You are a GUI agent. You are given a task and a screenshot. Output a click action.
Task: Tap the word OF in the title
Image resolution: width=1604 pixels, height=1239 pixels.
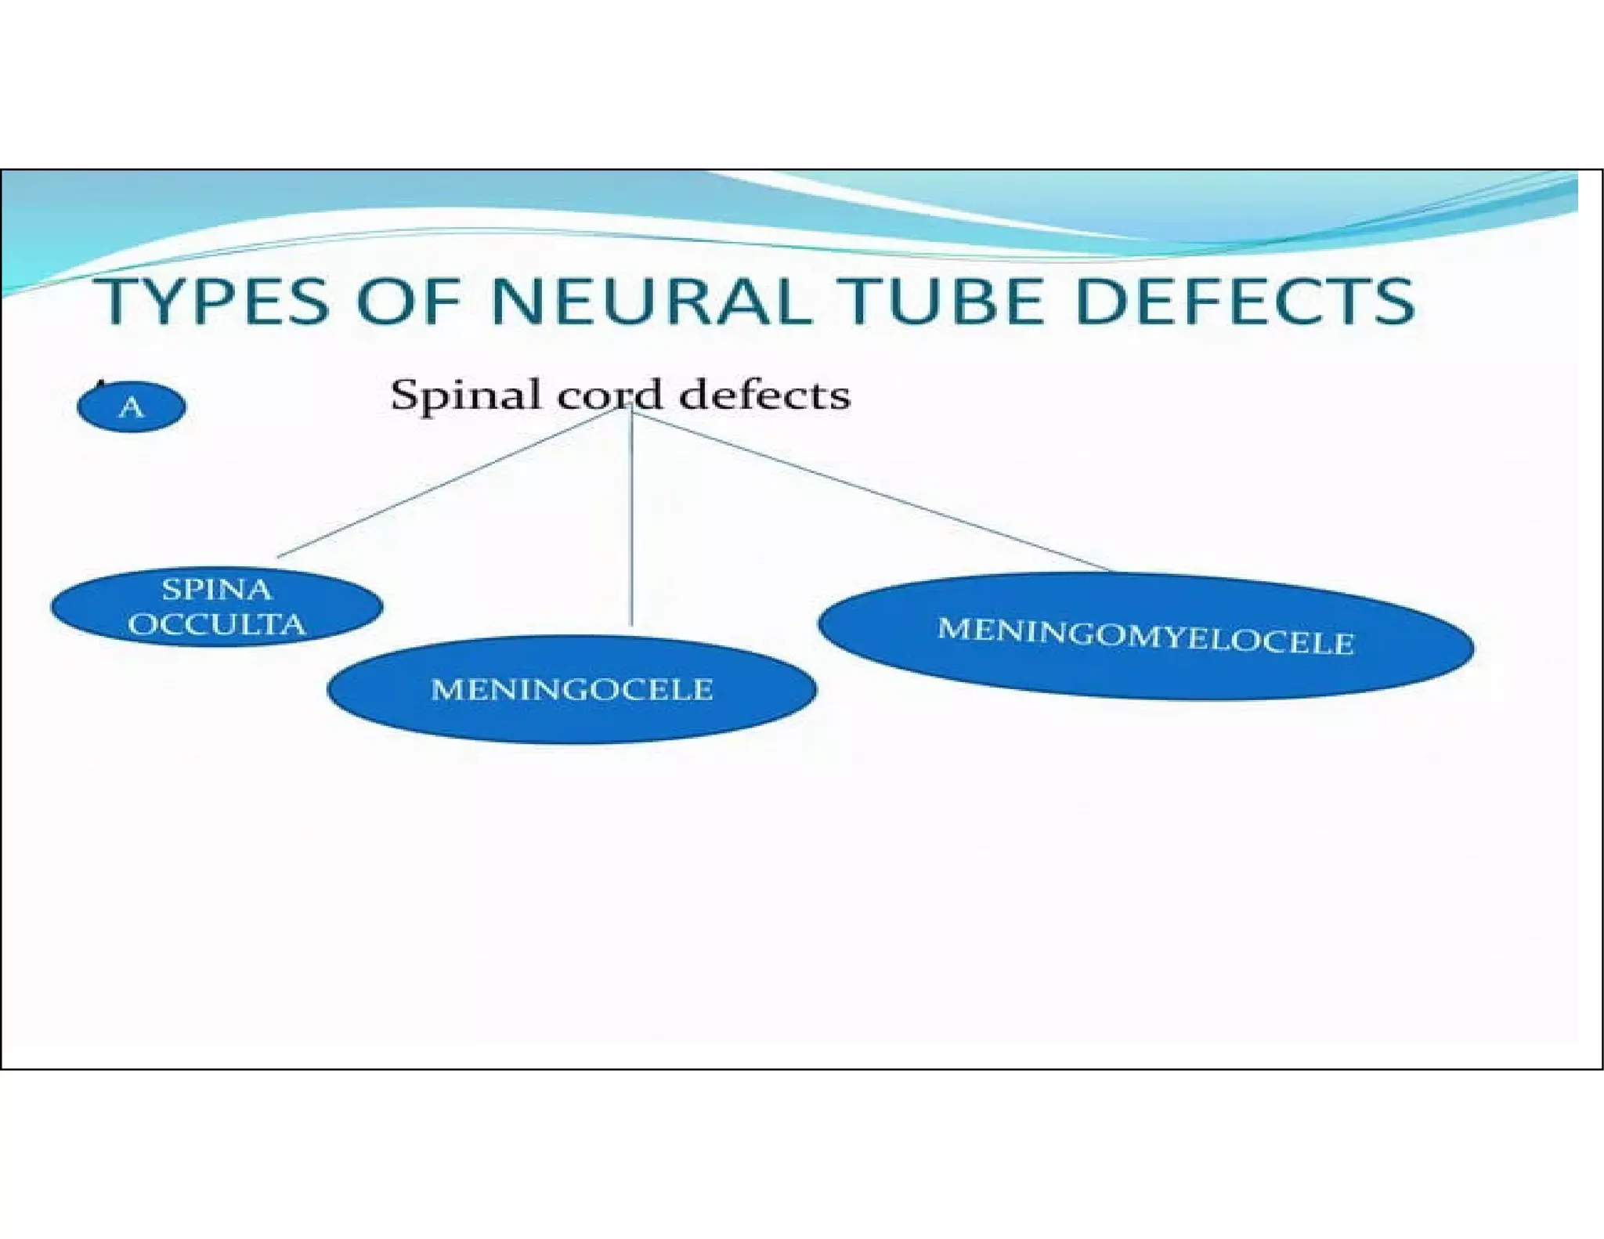point(407,302)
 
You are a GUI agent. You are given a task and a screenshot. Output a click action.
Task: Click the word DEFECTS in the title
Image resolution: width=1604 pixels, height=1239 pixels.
point(1245,302)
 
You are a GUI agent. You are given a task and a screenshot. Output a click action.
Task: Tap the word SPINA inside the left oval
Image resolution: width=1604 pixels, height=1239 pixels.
point(216,590)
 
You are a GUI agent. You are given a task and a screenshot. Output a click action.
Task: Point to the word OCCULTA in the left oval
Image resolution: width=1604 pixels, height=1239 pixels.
point(217,625)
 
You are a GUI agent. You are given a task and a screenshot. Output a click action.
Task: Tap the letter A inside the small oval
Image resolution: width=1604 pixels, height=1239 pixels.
point(132,407)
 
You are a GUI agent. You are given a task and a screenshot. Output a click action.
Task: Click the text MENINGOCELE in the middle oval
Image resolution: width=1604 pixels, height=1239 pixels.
point(572,690)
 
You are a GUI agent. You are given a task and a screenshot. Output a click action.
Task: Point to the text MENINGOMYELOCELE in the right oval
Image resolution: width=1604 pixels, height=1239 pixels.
point(1146,636)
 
